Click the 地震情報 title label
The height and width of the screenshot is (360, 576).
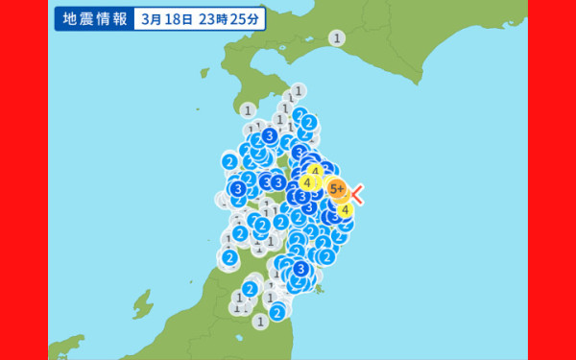pos(94,18)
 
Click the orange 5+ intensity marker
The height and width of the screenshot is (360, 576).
pos(336,189)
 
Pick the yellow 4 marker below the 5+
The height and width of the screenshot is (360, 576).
pos(345,211)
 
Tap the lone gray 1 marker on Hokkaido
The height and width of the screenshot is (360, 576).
pos(337,38)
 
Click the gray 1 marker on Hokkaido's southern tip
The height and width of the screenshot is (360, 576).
pos(248,109)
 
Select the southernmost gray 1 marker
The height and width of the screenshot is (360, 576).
pos(260,323)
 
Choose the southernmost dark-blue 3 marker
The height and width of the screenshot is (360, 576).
pos(301,269)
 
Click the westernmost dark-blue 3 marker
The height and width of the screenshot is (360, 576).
pos(236,189)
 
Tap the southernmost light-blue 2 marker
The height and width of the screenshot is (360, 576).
pos(276,312)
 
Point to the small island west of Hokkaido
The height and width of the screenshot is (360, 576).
pos(204,72)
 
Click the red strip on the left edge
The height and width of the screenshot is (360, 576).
pos(23,180)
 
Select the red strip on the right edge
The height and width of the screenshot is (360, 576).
pos(552,180)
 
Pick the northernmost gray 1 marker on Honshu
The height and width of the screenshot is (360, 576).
pos(299,91)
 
